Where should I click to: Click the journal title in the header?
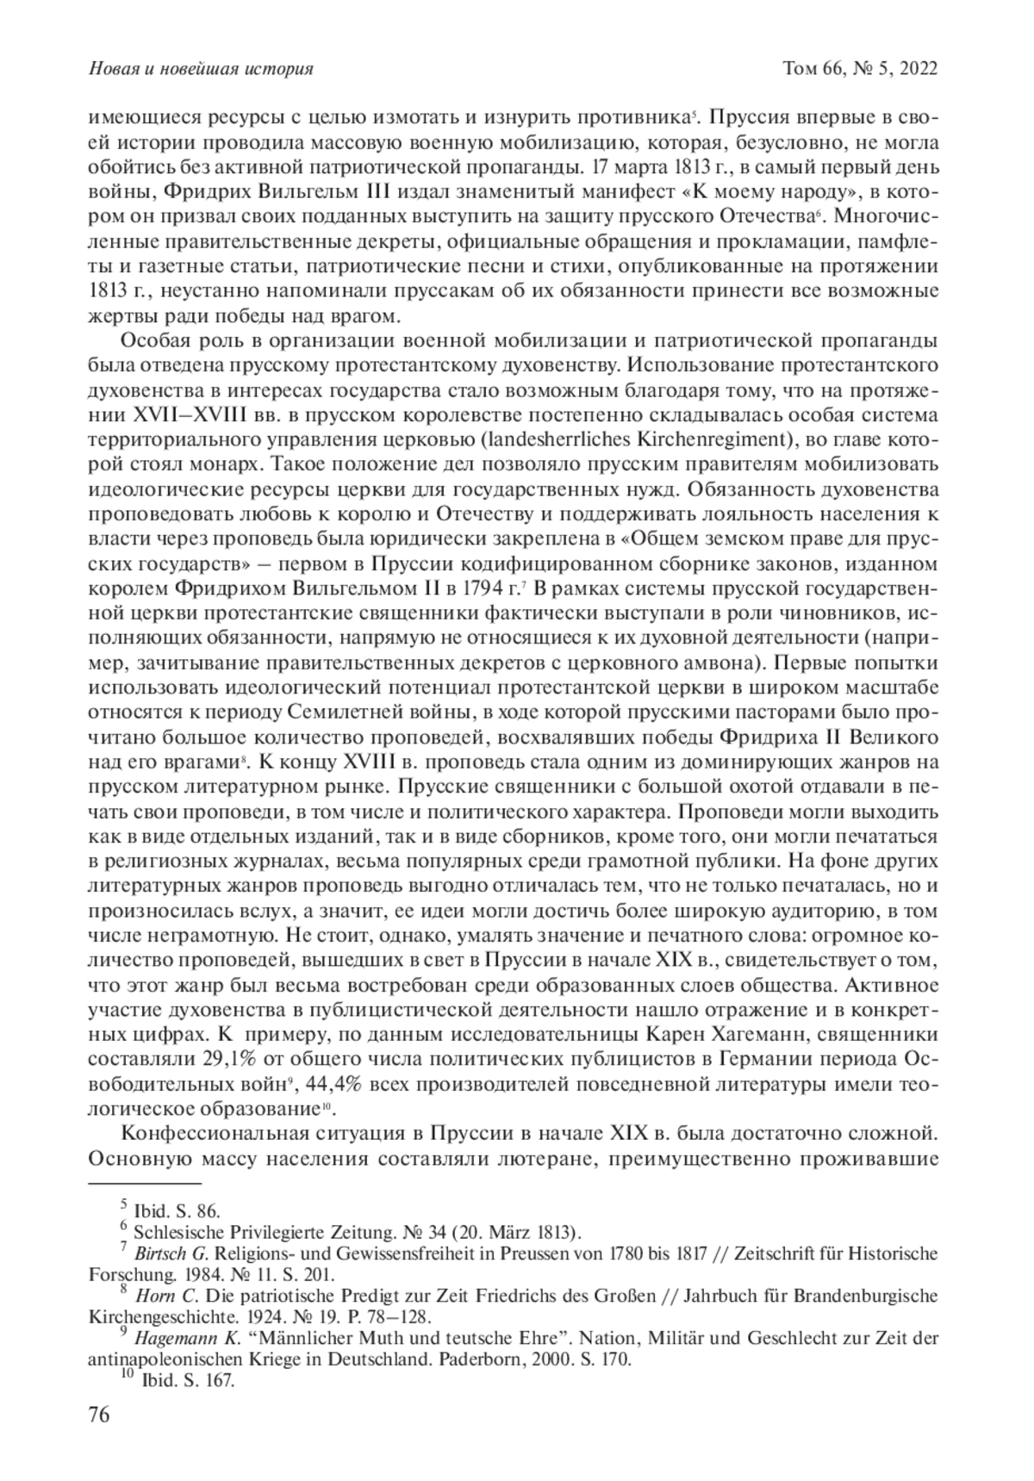point(201,69)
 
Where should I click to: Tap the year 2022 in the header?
point(914,69)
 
